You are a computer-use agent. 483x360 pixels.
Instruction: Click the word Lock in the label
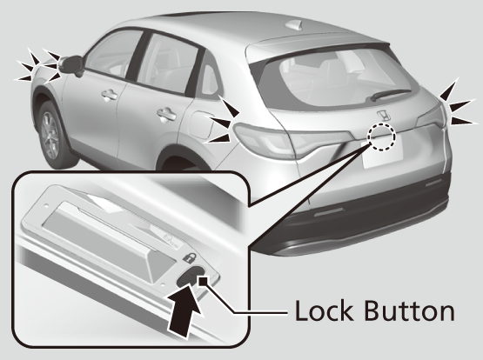tap(324, 310)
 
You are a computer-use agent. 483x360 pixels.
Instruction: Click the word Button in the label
tap(409, 310)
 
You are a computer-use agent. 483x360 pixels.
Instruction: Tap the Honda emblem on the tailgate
tap(384, 116)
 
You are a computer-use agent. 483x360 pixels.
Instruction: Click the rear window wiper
tap(390, 94)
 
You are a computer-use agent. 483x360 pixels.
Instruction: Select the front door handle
tap(109, 95)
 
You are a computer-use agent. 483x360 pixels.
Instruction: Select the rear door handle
tap(166, 115)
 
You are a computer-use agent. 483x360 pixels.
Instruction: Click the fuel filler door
tap(200, 125)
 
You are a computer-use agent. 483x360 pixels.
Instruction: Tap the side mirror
tap(71, 65)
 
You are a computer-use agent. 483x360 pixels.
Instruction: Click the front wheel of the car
tap(50, 135)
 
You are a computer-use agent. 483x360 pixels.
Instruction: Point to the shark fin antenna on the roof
tap(295, 25)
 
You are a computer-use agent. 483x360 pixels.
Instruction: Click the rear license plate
tap(383, 151)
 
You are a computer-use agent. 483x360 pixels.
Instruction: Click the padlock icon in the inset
tap(189, 257)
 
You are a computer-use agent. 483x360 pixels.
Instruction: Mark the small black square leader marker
tap(204, 281)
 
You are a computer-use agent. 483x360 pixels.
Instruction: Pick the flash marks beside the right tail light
tap(456, 104)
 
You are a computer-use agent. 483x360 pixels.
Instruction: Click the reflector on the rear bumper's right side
tap(433, 183)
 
